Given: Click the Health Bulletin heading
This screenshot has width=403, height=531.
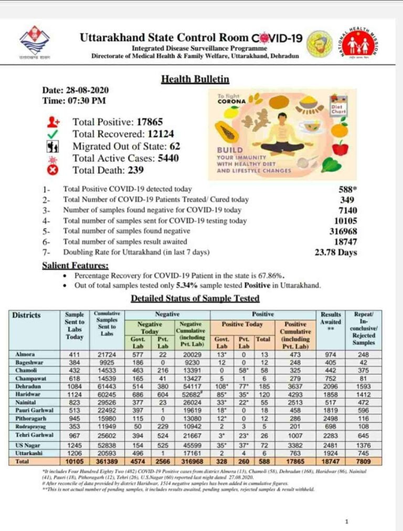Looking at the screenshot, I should tap(195, 79).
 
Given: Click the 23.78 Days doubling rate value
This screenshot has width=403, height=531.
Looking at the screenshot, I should tap(335, 252).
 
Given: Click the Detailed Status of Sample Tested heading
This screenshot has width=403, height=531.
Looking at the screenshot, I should tap(195, 298).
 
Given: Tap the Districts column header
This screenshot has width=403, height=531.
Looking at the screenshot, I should tap(26, 316).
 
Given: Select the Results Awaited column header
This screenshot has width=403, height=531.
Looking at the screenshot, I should tap(331, 318).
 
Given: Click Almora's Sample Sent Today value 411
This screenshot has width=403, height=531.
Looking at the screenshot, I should tap(75, 354).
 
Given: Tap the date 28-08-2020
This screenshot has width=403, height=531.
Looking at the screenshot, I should tap(86, 90).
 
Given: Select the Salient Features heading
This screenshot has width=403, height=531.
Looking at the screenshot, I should tap(76, 266).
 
